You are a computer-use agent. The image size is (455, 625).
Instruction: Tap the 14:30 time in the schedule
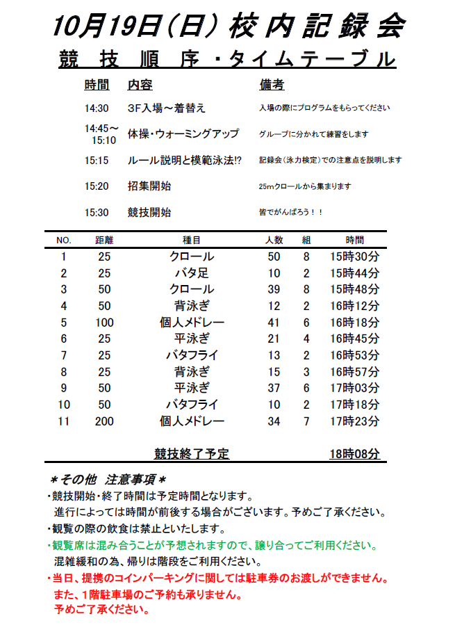pyautogui.click(x=97, y=108)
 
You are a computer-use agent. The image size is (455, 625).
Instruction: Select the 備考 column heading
pyautogui.click(x=272, y=85)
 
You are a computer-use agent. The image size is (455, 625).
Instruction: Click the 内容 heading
pyautogui.click(x=140, y=85)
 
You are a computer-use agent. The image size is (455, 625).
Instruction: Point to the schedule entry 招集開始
pyautogui.click(x=149, y=186)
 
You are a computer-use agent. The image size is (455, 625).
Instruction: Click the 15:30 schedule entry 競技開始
pyautogui.click(x=149, y=213)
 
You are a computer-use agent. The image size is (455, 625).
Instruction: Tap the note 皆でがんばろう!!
pyautogui.click(x=290, y=213)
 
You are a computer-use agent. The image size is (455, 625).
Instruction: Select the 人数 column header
pyautogui.click(x=274, y=240)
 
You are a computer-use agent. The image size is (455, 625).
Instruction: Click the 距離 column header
pyautogui.click(x=104, y=240)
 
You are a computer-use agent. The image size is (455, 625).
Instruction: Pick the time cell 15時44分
pyautogui.click(x=354, y=273)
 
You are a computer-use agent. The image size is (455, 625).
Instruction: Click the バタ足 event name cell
pyautogui.click(x=192, y=273)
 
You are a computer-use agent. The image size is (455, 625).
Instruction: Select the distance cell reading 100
pyautogui.click(x=104, y=323)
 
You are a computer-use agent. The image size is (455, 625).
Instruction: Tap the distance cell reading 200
pyautogui.click(x=104, y=421)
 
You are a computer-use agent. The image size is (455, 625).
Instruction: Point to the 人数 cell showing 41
pyautogui.click(x=274, y=323)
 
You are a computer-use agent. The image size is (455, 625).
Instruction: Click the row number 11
pyautogui.click(x=64, y=421)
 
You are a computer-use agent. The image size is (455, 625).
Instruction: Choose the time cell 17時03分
pyautogui.click(x=354, y=388)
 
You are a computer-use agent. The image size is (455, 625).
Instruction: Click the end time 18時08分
pyautogui.click(x=354, y=455)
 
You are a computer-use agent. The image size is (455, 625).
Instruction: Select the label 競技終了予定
pyautogui.click(x=192, y=455)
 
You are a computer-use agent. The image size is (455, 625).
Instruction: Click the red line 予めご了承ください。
pyautogui.click(x=101, y=610)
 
